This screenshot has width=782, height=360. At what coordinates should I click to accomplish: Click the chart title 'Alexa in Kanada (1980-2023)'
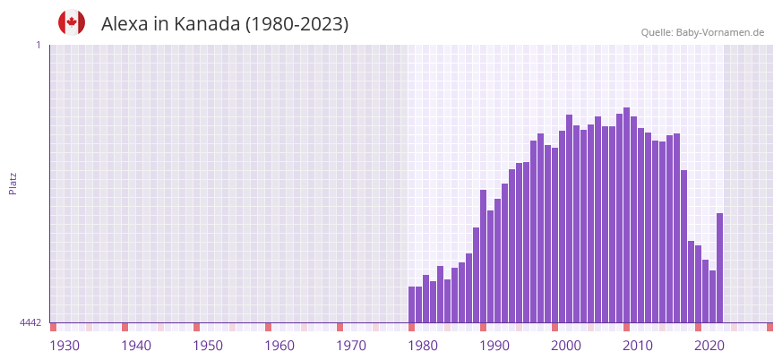click(x=225, y=24)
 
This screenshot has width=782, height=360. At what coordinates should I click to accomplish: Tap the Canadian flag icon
click(x=72, y=22)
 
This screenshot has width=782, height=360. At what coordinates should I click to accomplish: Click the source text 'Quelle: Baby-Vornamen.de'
click(x=702, y=32)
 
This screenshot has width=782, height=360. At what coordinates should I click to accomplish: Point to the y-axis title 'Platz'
click(x=13, y=183)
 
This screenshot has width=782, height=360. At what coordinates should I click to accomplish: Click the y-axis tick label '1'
click(x=38, y=45)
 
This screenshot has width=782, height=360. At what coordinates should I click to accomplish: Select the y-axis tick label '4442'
click(x=30, y=322)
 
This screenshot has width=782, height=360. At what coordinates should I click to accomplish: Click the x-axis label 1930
click(x=64, y=346)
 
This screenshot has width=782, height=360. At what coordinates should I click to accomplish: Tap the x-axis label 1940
click(x=136, y=346)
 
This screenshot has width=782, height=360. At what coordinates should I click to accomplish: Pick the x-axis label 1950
click(x=208, y=346)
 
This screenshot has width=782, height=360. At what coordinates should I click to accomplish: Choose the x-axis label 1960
click(x=279, y=346)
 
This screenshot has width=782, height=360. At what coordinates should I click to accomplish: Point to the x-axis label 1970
click(x=351, y=346)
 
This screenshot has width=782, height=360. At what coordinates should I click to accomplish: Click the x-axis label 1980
click(x=423, y=346)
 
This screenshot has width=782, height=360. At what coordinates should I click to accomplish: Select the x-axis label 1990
click(x=494, y=346)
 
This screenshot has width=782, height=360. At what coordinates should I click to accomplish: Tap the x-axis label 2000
click(x=566, y=346)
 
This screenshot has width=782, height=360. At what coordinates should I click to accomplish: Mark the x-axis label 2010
click(x=638, y=346)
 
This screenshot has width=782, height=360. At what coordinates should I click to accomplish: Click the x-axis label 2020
click(x=709, y=346)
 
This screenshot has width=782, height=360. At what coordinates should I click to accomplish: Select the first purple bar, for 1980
click(x=412, y=304)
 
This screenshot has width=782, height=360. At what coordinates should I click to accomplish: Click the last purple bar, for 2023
click(x=719, y=268)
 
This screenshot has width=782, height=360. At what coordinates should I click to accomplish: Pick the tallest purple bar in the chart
click(x=626, y=215)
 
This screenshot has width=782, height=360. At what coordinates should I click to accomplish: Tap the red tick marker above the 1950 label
click(x=196, y=327)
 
